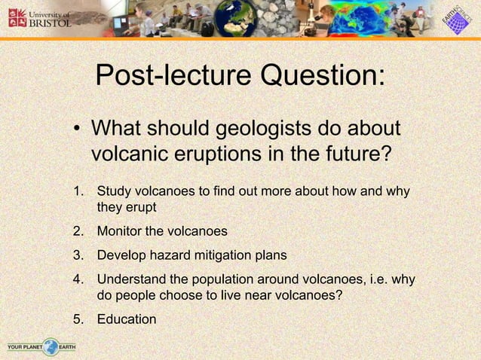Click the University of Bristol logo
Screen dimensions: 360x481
pyautogui.click(x=39, y=17)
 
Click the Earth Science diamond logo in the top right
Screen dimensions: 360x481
pyautogui.click(x=455, y=19)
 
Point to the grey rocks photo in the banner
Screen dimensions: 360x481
pyautogui.click(x=282, y=18)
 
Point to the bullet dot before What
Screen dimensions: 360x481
pyautogui.click(x=77, y=129)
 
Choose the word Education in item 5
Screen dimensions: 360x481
pyautogui.click(x=127, y=319)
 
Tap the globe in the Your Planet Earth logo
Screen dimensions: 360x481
pyautogui.click(x=51, y=346)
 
